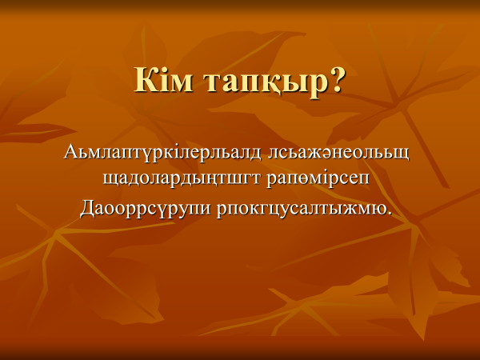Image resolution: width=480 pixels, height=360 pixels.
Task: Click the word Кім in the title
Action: coord(164,79)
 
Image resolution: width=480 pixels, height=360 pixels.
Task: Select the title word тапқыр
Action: coord(266,83)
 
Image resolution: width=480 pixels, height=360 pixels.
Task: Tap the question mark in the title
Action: coord(337,79)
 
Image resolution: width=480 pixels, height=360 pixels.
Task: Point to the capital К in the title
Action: coord(145,79)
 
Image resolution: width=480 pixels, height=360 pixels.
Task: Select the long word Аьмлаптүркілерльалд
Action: coord(162,152)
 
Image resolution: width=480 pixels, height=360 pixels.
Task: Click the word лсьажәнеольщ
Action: coord(338,153)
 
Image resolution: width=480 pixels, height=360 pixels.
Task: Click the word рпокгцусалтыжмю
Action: coord(302,210)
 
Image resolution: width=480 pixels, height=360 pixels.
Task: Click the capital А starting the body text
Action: coord(70,151)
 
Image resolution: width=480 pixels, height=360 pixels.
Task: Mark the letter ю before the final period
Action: coord(379,210)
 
